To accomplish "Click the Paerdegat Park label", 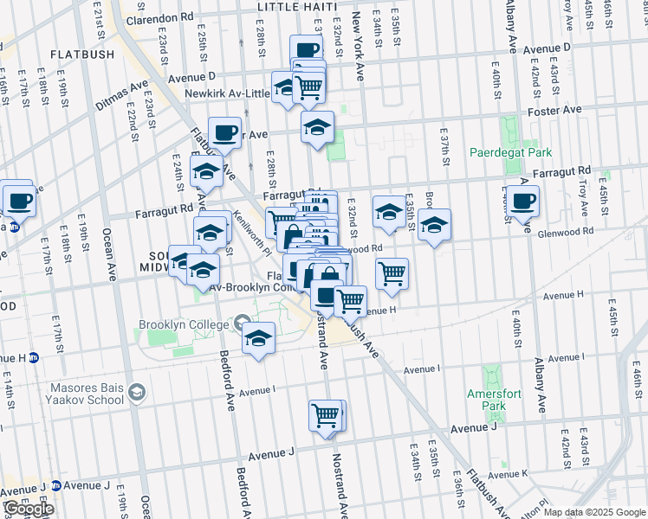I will pos(510,152).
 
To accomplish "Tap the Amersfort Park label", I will pos(494,400).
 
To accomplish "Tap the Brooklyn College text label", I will pos(181,325).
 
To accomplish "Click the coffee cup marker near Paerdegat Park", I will pos(522,202).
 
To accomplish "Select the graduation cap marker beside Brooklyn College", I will pos(258,338).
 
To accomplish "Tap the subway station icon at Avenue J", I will pos(57,486).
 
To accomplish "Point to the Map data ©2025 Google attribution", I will pos(595,512).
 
